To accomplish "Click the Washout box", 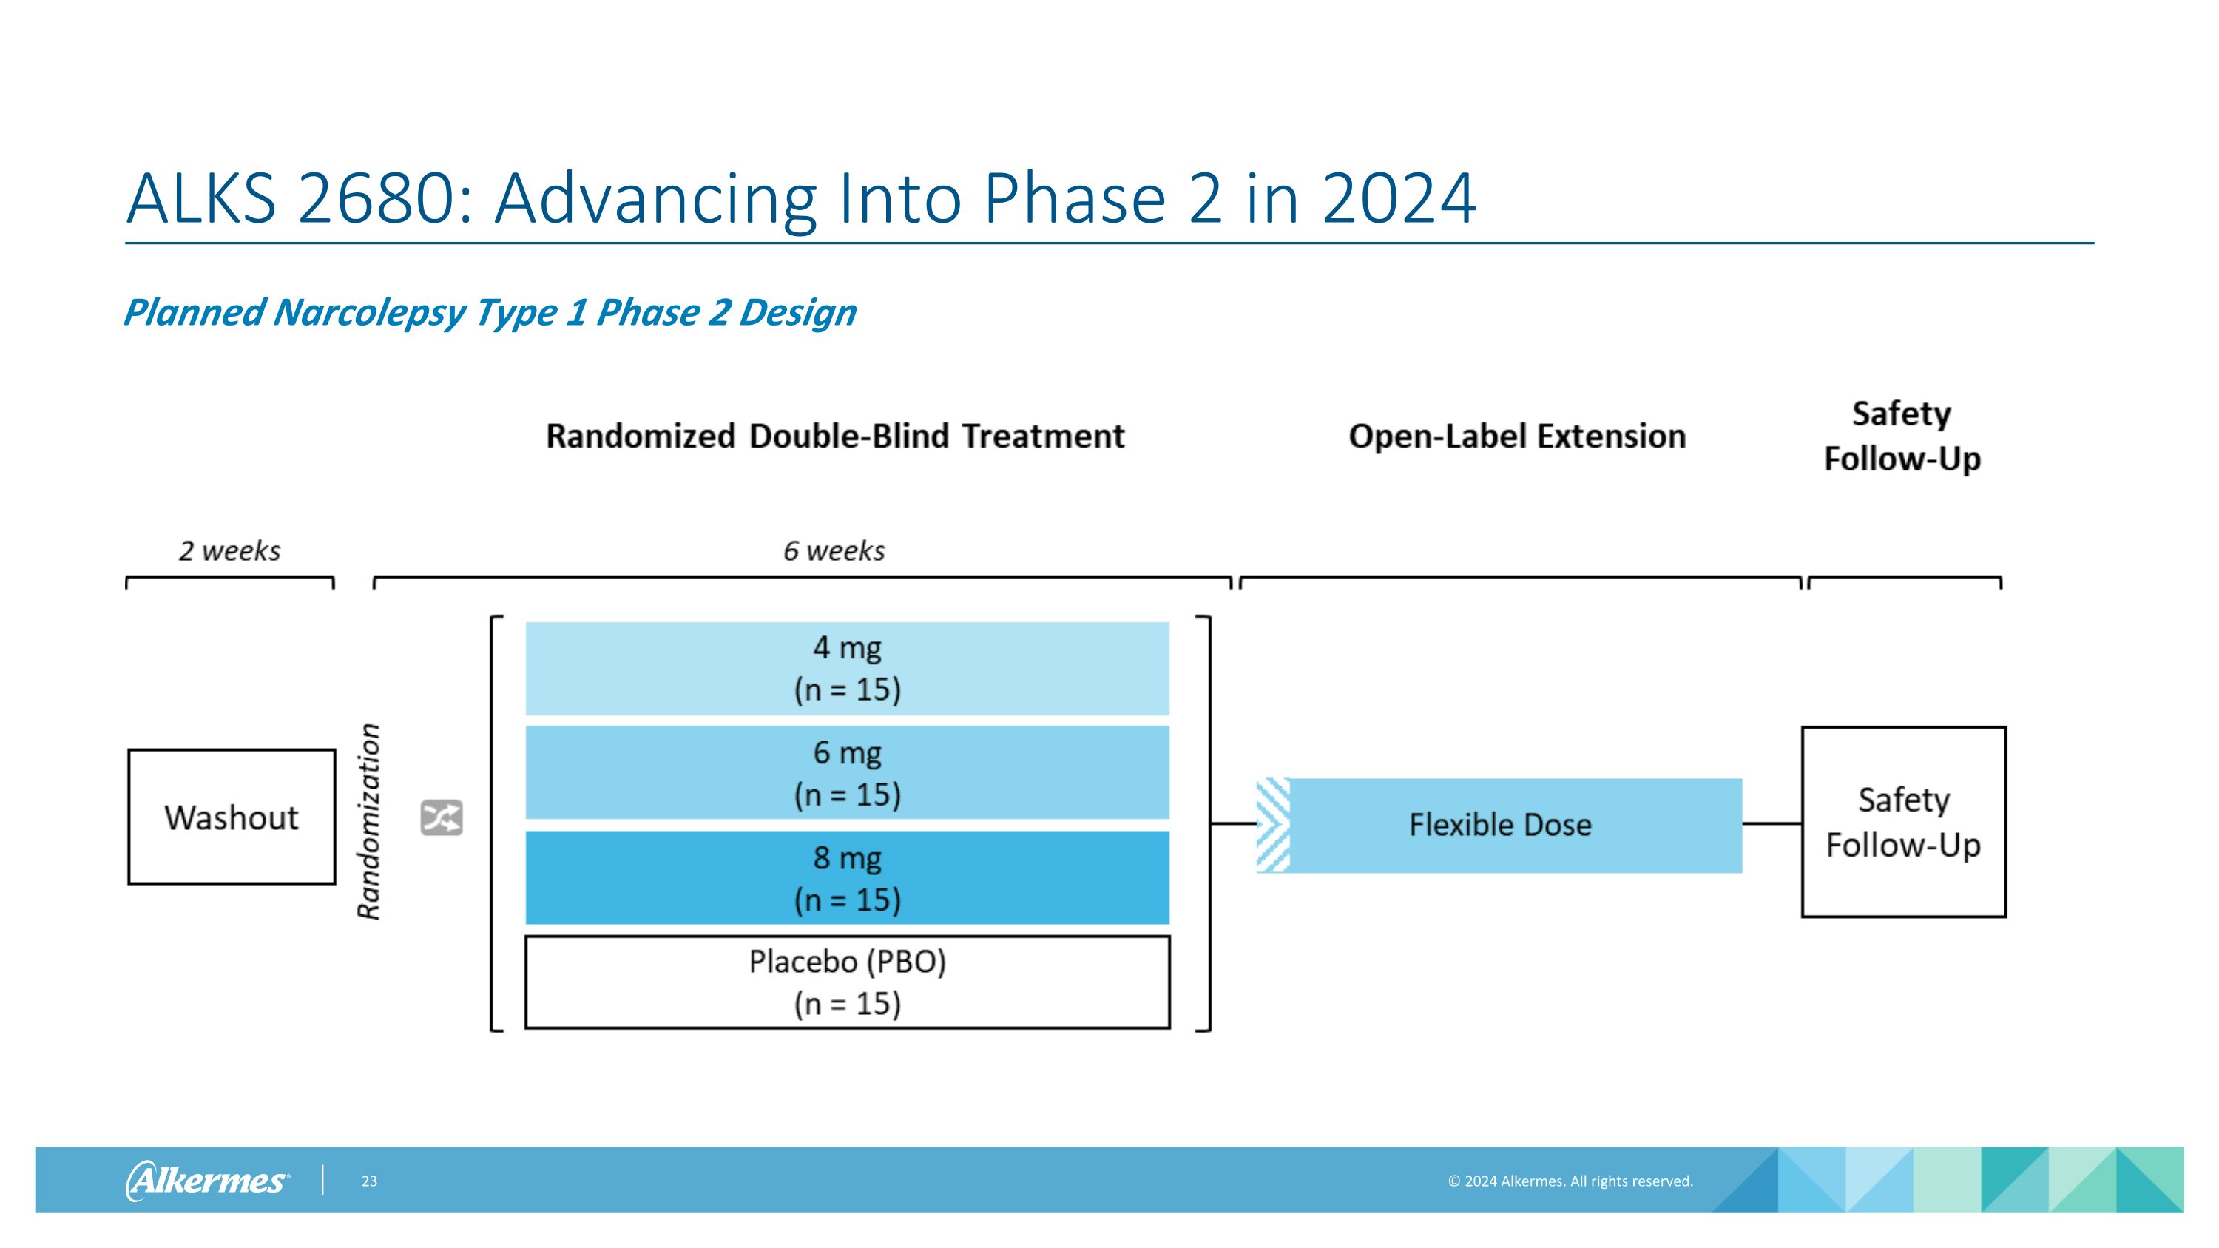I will pos(231,817).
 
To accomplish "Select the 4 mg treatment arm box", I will pos(847,668).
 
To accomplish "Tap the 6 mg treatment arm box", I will pos(847,772).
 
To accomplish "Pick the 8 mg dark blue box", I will pos(847,877).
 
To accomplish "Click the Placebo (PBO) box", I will pos(847,982).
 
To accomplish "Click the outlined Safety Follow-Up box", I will pos(1903,822).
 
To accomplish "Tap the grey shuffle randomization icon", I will pos(441,818).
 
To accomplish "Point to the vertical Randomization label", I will pos(368,822).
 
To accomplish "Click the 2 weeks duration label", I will pos(229,551).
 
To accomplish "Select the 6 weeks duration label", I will pos(833,551).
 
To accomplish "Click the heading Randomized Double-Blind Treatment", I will pos(834,436).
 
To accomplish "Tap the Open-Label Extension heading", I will pos(1516,436).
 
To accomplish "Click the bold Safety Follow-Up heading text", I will pos(1902,436).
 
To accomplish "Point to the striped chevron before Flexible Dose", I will pos(1272,825).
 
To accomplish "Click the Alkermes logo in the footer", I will pos(208,1180).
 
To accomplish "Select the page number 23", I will pos(368,1181).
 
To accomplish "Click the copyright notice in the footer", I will pos(1570,1181).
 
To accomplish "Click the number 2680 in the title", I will pos(384,200).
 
